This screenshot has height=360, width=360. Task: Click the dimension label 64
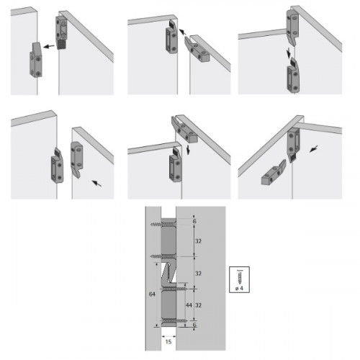click(x=152, y=294)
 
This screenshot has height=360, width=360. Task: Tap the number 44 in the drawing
click(x=189, y=305)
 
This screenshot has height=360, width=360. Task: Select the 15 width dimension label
click(x=168, y=341)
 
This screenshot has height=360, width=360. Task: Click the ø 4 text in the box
click(x=239, y=288)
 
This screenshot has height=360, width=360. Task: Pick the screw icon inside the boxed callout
click(x=240, y=276)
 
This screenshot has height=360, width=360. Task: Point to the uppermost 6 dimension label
click(x=194, y=221)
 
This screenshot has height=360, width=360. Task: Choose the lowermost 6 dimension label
click(x=194, y=325)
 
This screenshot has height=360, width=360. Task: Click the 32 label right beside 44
click(x=198, y=305)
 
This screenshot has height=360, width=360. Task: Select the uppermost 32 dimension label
click(x=198, y=240)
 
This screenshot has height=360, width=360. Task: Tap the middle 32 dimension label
click(x=198, y=273)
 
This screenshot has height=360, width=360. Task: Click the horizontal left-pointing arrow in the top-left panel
click(x=49, y=46)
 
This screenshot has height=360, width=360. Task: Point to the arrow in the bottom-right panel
click(x=314, y=148)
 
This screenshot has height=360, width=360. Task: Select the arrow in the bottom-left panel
click(x=96, y=183)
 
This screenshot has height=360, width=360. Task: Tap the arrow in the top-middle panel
click(x=183, y=32)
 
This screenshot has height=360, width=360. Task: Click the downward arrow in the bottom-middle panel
click(x=189, y=149)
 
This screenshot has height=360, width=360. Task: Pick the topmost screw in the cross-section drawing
click(x=163, y=225)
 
